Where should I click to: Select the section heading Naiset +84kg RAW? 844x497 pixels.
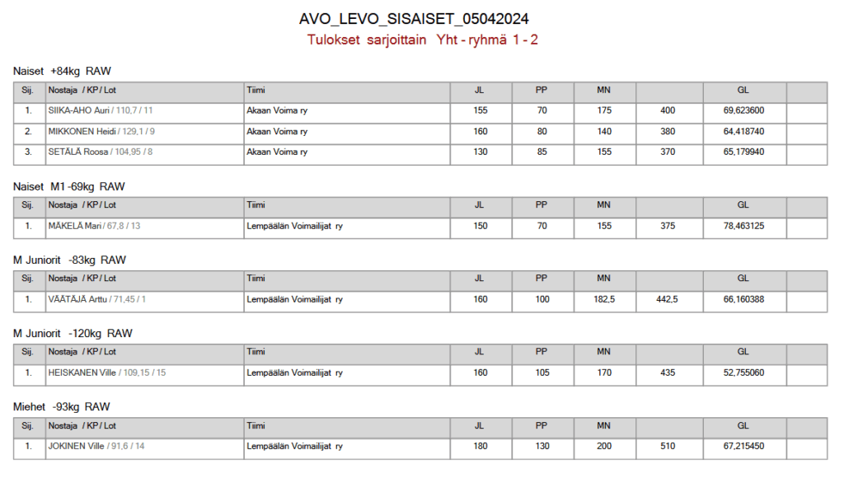(62, 72)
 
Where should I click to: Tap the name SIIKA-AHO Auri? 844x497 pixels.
(79, 110)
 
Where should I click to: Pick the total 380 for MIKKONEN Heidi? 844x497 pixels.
(667, 132)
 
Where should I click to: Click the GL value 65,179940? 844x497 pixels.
(743, 152)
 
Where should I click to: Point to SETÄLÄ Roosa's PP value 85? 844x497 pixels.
(542, 152)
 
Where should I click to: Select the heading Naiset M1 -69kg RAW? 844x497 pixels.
(68, 187)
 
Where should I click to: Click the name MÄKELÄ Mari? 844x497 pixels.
(73, 226)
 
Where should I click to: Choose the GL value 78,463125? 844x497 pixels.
(743, 226)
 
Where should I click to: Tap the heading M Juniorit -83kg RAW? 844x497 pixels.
(69, 260)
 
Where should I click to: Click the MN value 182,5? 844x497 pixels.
(604, 299)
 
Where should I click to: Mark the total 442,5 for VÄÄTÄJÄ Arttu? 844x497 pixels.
(667, 299)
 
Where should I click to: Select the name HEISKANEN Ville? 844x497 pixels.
(82, 373)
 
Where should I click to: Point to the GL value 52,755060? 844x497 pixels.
(743, 373)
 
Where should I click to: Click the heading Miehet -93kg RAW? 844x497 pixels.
(62, 407)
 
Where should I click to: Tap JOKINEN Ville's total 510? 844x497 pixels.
(667, 446)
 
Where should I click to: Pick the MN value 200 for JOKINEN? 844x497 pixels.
(604, 446)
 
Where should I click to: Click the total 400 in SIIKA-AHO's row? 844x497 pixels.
(667, 110)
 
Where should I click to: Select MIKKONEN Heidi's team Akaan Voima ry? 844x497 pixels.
(277, 132)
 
